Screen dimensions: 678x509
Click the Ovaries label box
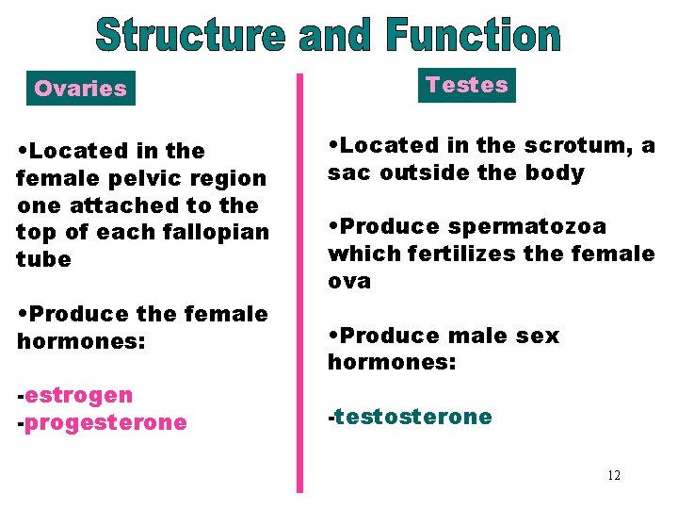pyautogui.click(x=80, y=89)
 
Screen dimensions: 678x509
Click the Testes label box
pyautogui.click(x=466, y=85)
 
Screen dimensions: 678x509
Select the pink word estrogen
pyautogui.click(x=79, y=395)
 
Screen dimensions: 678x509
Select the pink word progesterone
pyautogui.click(x=105, y=422)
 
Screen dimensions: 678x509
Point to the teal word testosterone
pyautogui.click(x=412, y=417)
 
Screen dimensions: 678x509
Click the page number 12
pyautogui.click(x=614, y=475)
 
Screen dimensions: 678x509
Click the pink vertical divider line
pyautogui.click(x=300, y=283)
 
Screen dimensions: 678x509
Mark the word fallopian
pyautogui.click(x=220, y=232)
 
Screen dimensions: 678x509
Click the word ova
pyautogui.click(x=349, y=281)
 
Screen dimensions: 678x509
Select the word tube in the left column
pyautogui.click(x=43, y=259)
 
